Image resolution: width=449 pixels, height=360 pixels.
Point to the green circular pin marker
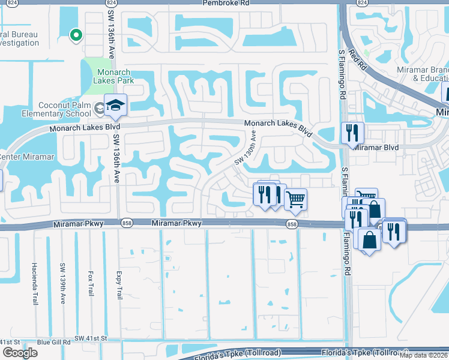(x=76, y=36)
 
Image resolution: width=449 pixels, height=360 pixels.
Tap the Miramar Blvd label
(x=376, y=147)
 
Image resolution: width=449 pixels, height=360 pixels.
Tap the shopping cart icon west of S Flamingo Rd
(x=295, y=199)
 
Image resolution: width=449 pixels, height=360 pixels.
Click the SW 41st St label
(x=91, y=338)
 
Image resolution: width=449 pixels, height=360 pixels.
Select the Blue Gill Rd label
(x=53, y=342)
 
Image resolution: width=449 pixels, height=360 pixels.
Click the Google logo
(x=20, y=352)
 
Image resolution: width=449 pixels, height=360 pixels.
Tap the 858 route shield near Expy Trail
(x=127, y=223)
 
